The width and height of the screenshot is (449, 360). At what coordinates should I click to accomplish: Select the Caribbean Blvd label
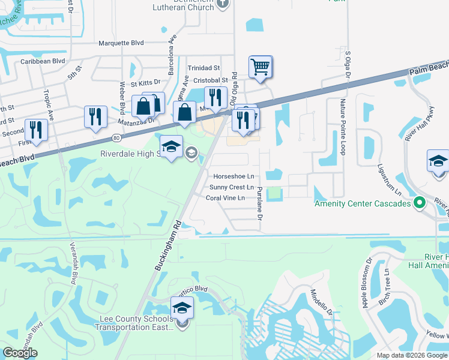pos(43,61)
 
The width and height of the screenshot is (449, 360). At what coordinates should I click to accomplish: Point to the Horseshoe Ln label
pos(234,176)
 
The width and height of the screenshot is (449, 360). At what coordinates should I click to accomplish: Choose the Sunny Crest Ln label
pos(231,187)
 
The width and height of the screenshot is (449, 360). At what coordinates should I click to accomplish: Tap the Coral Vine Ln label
pos(225,198)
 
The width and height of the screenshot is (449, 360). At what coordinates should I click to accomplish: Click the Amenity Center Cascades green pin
pos(420,203)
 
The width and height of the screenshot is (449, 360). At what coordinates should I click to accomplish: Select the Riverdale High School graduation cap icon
pos(171,146)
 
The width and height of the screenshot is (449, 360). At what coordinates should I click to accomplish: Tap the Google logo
pos(20,353)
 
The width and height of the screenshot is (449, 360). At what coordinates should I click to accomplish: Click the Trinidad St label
pos(204,68)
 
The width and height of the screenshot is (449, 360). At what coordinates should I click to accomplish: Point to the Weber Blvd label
pos(122,99)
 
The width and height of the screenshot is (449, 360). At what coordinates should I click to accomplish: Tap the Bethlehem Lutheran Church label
pos(184,5)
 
